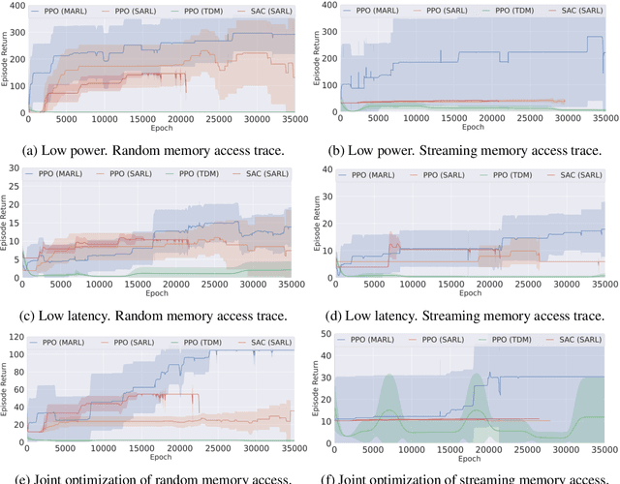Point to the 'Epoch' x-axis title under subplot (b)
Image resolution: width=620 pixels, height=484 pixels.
(x=472, y=128)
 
